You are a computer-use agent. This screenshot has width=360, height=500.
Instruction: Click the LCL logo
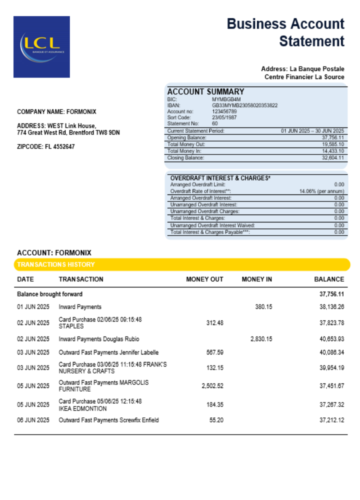pyautogui.click(x=41, y=46)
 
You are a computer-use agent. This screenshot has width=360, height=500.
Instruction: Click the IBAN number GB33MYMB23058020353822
pyautogui.click(x=244, y=105)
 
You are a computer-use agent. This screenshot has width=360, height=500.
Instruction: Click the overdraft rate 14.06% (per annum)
pyautogui.click(x=321, y=191)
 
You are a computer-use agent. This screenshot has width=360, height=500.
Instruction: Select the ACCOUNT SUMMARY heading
pyautogui.click(x=205, y=91)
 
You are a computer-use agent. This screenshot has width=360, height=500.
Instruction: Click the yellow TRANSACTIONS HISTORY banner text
pyautogui.click(x=56, y=264)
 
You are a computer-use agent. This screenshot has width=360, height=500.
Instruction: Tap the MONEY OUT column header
pyautogui.click(x=204, y=279)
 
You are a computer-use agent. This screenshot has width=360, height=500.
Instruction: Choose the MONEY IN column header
pyautogui.click(x=256, y=279)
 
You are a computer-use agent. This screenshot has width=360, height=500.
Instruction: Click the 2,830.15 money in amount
pyautogui.click(x=261, y=339)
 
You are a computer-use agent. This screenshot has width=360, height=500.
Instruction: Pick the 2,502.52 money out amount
pyautogui.click(x=212, y=386)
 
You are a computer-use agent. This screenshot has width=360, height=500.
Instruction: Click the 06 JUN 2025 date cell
pyautogui.click(x=33, y=420)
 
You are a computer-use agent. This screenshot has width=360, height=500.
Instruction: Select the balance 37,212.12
pyautogui.click(x=331, y=420)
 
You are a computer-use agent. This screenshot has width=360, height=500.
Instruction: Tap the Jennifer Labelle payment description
pyautogui.click(x=108, y=353)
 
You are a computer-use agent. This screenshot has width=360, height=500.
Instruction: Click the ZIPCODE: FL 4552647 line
pyautogui.click(x=46, y=147)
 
